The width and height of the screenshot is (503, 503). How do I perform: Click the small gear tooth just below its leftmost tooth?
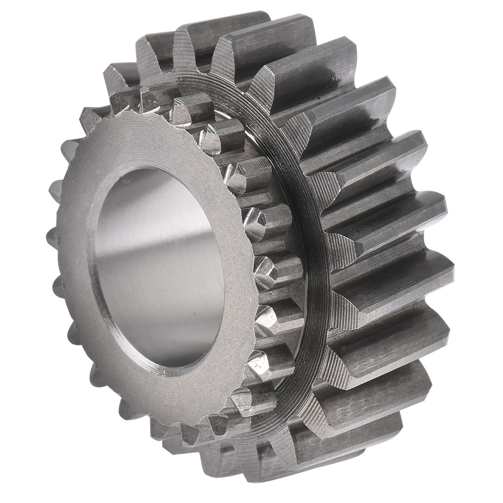coord(59,285)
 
